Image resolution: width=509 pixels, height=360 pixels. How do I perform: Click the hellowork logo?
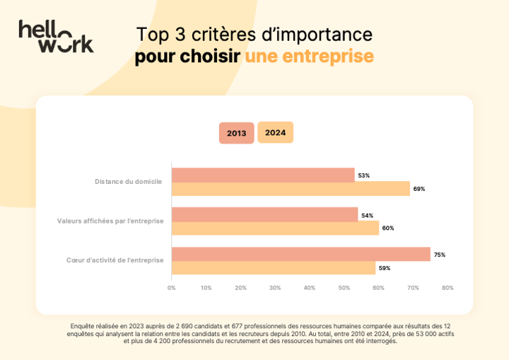tap(56, 36)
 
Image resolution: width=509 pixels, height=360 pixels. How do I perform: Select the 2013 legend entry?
tap(236, 133)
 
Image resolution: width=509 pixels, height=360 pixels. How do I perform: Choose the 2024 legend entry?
tap(275, 132)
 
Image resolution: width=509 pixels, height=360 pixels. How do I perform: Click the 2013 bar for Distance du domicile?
tap(263, 175)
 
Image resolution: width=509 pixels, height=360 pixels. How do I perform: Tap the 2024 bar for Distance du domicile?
tap(291, 189)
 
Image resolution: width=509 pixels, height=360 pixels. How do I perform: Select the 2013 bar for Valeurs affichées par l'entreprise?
tap(264, 214)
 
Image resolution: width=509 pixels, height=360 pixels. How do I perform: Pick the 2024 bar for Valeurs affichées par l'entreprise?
tap(275, 228)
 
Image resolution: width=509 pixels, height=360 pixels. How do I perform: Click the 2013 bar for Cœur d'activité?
tap(300, 254)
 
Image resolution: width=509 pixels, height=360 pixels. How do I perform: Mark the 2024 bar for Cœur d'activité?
tap(273, 268)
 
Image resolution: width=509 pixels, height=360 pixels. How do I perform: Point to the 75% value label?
tap(440, 255)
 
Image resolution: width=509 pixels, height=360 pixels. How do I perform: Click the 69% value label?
tap(419, 189)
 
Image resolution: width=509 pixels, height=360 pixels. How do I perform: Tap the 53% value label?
tap(364, 175)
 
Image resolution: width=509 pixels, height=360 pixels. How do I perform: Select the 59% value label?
tap(385, 268)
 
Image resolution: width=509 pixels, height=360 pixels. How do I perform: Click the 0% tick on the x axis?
tap(171, 288)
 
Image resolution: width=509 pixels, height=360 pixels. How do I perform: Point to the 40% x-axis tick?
tap(310, 288)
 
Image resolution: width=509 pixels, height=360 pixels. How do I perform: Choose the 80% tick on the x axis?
tap(447, 288)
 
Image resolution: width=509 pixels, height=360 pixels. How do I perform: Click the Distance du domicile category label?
tap(128, 182)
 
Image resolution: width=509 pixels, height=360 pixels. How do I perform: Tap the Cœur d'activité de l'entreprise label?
tap(115, 260)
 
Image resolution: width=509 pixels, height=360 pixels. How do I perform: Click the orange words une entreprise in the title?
tap(309, 57)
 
